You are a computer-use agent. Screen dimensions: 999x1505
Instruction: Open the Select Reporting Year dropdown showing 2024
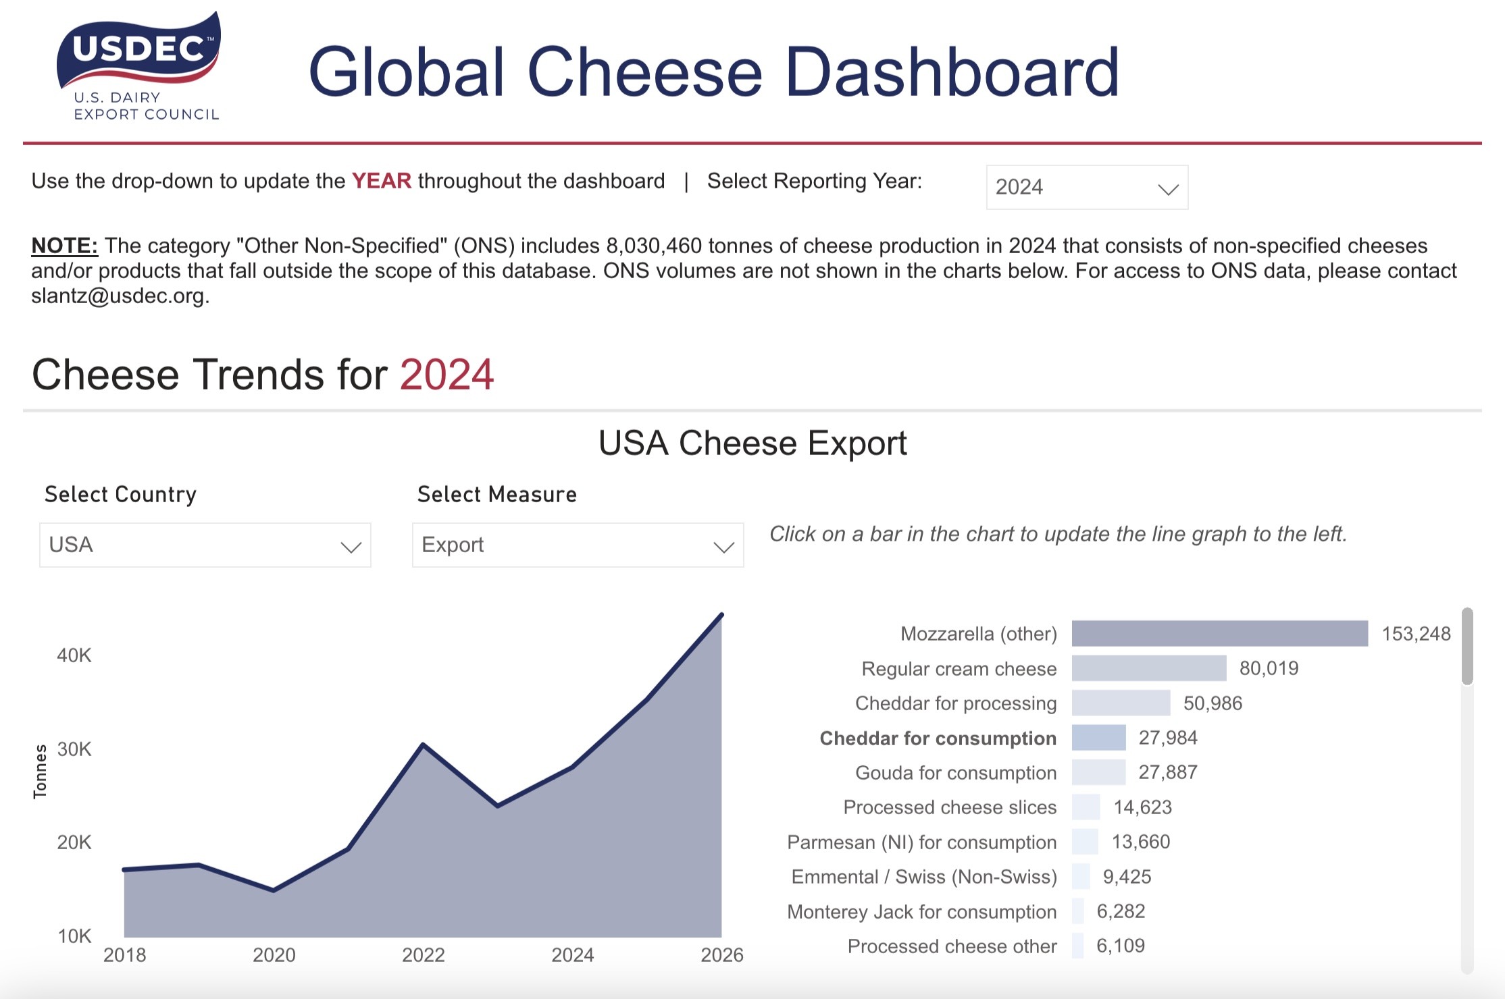tap(1086, 187)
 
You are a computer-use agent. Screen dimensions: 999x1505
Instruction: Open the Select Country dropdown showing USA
tap(205, 545)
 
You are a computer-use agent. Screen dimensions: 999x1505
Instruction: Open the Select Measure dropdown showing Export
tap(578, 545)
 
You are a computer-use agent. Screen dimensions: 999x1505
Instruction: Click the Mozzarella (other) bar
tap(1219, 633)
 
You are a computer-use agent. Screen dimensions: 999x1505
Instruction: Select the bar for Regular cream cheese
tap(1148, 668)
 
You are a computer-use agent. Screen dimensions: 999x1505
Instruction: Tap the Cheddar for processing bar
tap(1120, 703)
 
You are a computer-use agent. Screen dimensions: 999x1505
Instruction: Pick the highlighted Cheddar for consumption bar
tap(1098, 738)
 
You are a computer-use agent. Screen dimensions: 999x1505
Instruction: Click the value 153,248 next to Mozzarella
tap(1416, 634)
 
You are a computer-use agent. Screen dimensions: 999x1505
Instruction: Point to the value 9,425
tap(1127, 877)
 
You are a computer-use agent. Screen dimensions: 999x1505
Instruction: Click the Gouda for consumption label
tap(955, 773)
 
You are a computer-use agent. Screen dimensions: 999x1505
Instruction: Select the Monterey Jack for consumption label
tap(921, 912)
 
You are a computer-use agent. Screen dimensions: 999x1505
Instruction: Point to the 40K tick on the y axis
tap(74, 655)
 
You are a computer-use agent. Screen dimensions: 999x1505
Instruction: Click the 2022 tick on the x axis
tap(424, 955)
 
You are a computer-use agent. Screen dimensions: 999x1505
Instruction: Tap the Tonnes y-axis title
tap(41, 772)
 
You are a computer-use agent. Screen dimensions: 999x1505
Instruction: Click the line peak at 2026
tap(721, 615)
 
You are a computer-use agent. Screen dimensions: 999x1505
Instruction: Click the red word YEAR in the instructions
tap(381, 181)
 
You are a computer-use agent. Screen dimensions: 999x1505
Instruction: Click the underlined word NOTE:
tap(64, 246)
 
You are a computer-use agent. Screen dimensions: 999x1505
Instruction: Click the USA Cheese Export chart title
tap(752, 443)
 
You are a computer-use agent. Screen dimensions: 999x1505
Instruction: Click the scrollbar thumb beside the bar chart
tap(1467, 646)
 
